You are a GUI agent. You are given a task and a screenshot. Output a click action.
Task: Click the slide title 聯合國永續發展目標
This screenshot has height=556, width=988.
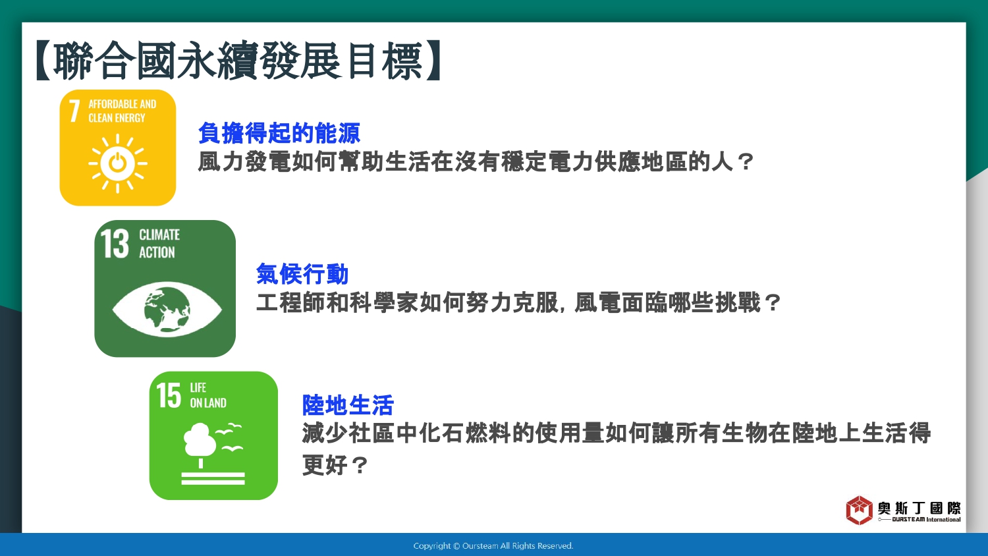pyautogui.click(x=238, y=60)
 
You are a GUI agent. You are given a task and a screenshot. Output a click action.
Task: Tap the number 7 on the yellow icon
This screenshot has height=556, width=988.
pyautogui.click(x=74, y=111)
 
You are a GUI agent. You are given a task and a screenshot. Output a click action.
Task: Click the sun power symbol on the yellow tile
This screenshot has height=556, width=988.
pyautogui.click(x=118, y=164)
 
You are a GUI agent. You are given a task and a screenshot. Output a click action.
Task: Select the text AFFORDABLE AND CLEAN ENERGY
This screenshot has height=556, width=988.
pyautogui.click(x=122, y=111)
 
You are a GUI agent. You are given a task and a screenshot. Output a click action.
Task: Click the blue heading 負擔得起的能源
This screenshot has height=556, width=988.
pyautogui.click(x=279, y=133)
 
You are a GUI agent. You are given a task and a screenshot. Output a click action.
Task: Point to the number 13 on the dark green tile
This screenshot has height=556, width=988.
pyautogui.click(x=115, y=243)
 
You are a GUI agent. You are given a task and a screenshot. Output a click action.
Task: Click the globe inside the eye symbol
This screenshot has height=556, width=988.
pyautogui.click(x=167, y=310)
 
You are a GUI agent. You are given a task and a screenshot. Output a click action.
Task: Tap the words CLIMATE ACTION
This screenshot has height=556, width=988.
pyautogui.click(x=159, y=243)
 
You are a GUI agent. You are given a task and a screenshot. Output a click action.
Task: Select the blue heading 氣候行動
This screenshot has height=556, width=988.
pyautogui.click(x=302, y=273)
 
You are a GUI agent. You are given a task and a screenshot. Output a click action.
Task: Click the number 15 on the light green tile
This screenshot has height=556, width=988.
pyautogui.click(x=169, y=395)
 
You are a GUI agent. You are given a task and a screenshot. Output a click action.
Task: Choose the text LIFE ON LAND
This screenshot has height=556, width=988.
pyautogui.click(x=207, y=395)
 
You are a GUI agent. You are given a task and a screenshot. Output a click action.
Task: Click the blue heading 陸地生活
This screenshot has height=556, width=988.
pyautogui.click(x=348, y=405)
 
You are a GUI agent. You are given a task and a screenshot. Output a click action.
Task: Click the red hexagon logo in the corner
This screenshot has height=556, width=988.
pyautogui.click(x=859, y=510)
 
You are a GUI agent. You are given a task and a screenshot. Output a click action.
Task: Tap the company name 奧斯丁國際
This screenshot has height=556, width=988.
pyautogui.click(x=919, y=508)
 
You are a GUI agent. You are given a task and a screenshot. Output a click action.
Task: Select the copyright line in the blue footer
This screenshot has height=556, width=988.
pyautogui.click(x=493, y=546)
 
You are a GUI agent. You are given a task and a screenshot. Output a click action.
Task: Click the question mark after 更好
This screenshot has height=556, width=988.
pyautogui.click(x=360, y=464)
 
